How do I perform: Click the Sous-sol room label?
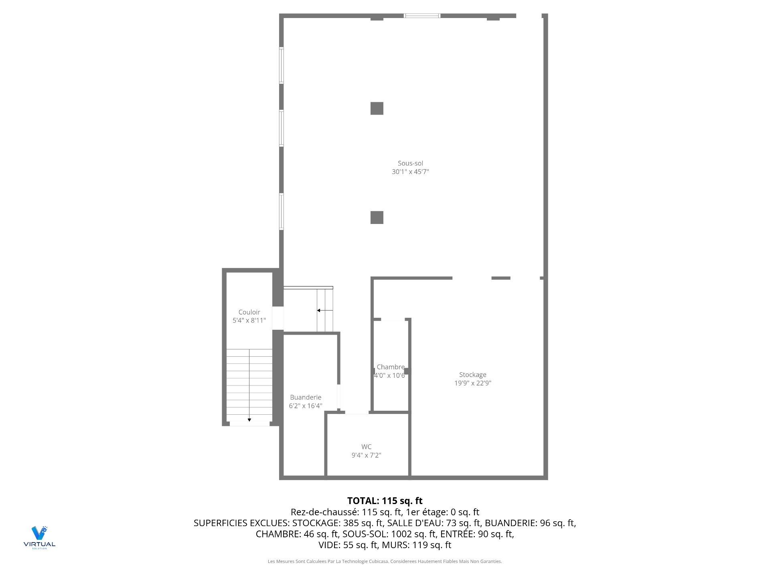click(x=410, y=163)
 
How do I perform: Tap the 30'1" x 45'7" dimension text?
click(x=410, y=172)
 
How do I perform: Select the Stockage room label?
click(x=472, y=375)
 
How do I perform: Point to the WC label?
click(x=366, y=447)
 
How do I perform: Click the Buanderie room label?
click(x=306, y=397)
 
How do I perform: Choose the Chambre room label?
click(x=391, y=367)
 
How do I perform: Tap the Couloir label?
click(x=249, y=312)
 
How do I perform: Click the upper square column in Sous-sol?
click(x=377, y=108)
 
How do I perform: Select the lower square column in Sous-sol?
click(x=377, y=217)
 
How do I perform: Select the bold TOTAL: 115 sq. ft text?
click(x=385, y=501)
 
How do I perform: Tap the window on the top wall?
click(x=421, y=16)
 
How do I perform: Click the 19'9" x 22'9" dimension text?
click(x=472, y=383)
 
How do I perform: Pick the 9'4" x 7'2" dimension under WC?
click(x=366, y=455)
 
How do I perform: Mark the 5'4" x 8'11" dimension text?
click(x=249, y=321)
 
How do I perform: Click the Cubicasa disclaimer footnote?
click(x=385, y=561)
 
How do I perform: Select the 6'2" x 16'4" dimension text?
click(x=306, y=406)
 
